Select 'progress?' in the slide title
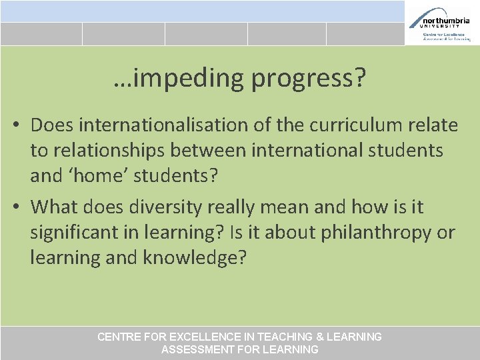[309, 79]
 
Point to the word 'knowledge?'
[194, 258]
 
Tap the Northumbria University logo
[442, 23]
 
